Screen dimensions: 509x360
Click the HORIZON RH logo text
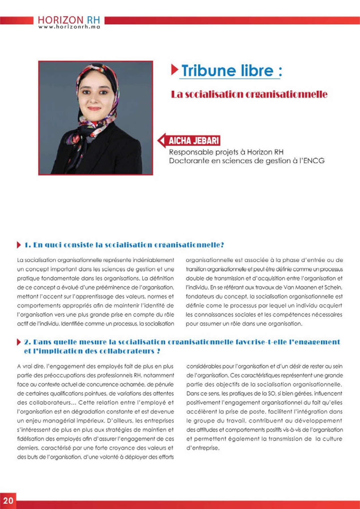pos(69,20)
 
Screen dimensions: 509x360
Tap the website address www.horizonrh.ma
pos(69,27)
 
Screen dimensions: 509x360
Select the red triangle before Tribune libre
pos(175,70)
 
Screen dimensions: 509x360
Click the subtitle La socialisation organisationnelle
pos(249,94)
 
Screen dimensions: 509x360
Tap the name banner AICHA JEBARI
pos(194,141)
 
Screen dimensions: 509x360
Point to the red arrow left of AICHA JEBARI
pos(161,141)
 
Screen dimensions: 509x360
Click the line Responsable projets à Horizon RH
pos(226,152)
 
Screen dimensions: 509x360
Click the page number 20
pos(8,501)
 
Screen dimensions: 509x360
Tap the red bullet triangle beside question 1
pos(19,245)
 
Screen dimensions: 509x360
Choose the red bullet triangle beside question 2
pos(19,342)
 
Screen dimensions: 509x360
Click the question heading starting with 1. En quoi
pos(124,245)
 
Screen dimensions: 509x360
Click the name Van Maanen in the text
pos(300,287)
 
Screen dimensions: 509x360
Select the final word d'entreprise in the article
pos(203,448)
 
